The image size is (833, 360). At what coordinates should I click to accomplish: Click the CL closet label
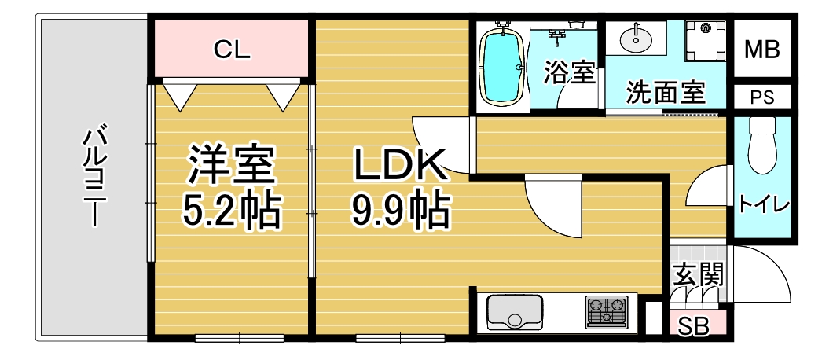tap(232, 50)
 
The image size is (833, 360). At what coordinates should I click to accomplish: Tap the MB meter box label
tap(761, 50)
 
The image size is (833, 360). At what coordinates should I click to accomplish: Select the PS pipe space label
tap(762, 97)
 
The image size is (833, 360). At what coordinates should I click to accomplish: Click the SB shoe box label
tap(694, 326)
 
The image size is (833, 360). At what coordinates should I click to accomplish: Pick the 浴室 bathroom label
tap(569, 73)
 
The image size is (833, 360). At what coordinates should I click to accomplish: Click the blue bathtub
tap(502, 67)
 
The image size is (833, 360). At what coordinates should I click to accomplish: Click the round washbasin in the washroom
tap(637, 38)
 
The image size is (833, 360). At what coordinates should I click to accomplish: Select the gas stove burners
tap(606, 311)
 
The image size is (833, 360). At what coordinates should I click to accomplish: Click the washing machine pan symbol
tap(706, 40)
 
